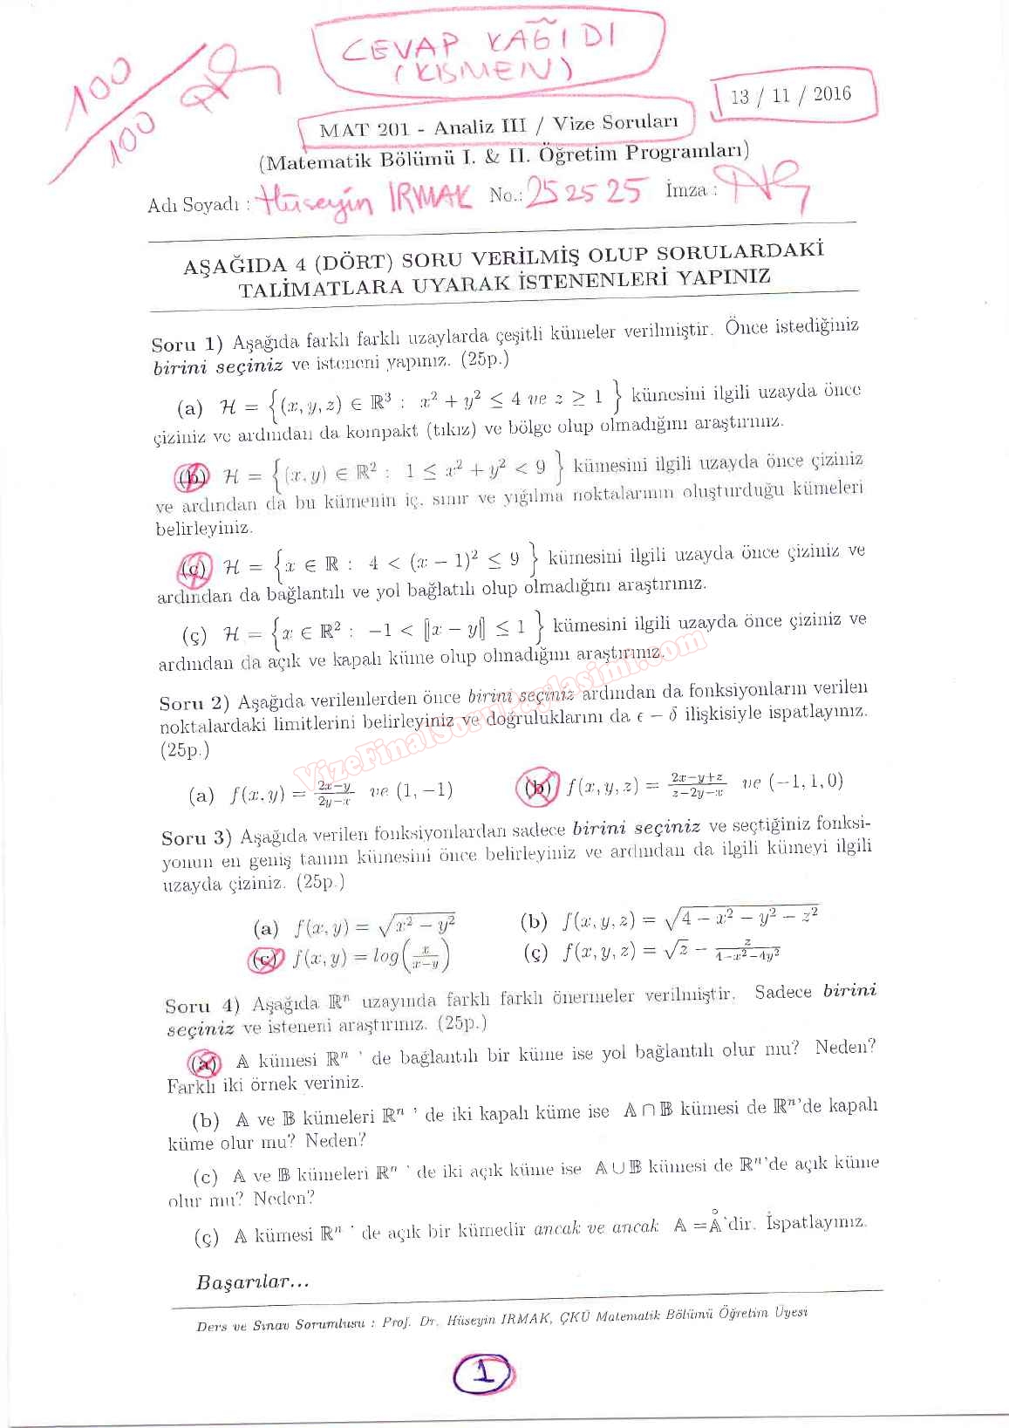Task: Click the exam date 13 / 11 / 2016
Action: click(x=791, y=95)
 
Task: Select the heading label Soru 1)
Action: click(x=187, y=343)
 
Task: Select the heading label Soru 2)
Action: click(x=194, y=702)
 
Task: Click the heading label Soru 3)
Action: click(x=196, y=837)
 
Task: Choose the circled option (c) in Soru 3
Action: click(x=265, y=960)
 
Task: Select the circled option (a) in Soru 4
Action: click(x=205, y=1062)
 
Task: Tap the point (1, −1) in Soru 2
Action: click(x=425, y=791)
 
